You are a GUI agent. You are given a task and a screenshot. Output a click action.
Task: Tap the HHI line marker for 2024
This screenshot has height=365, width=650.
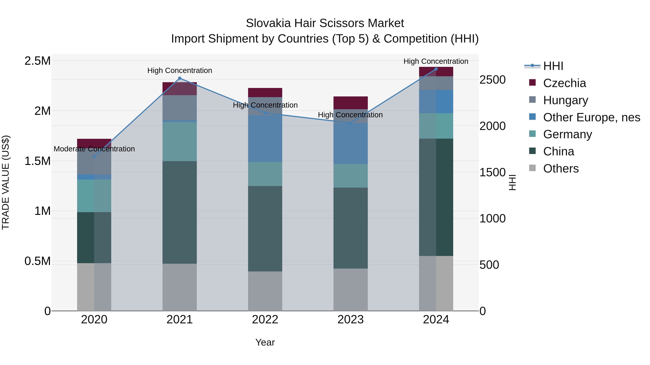click(x=436, y=69)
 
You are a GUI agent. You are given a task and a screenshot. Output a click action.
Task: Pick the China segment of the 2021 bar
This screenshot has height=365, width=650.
click(x=180, y=212)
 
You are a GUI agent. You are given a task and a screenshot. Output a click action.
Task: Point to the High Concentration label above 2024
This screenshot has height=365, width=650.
click(x=436, y=61)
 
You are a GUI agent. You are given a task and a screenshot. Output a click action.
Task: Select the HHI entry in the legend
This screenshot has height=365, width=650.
click(x=553, y=66)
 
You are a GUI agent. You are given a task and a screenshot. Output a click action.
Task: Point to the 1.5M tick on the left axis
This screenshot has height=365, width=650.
click(x=37, y=161)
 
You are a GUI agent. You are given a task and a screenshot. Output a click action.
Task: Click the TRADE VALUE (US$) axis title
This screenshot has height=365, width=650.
click(x=6, y=182)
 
